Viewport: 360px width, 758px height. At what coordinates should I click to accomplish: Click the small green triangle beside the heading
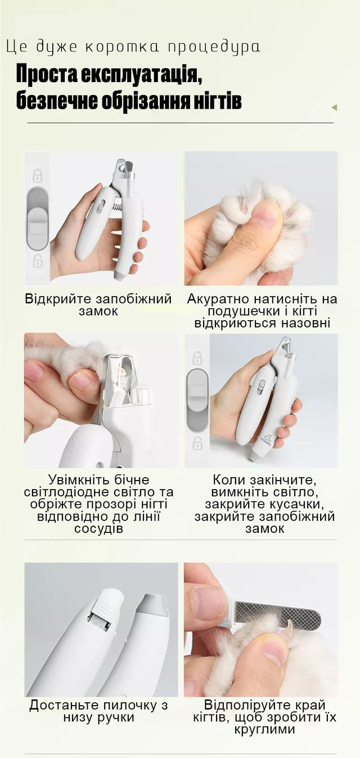coord(334,107)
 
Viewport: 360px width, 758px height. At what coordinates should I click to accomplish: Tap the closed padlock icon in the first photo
coord(38,176)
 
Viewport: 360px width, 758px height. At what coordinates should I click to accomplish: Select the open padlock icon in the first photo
coord(38,261)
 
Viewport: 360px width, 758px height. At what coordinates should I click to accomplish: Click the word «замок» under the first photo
coord(98,311)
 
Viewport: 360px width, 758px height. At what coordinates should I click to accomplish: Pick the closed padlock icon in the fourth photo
coord(197,358)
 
